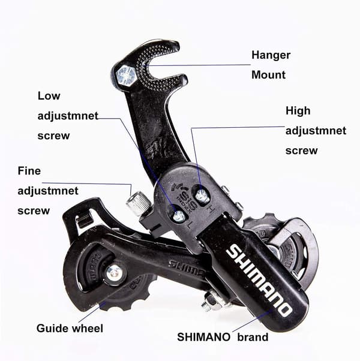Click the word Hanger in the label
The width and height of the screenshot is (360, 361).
(x=271, y=55)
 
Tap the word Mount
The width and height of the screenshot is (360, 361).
(x=268, y=75)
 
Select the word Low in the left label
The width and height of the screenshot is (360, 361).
(x=49, y=96)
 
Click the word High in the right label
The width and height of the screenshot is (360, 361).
(x=298, y=111)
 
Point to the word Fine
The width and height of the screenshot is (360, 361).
(x=29, y=171)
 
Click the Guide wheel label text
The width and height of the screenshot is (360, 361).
(x=70, y=328)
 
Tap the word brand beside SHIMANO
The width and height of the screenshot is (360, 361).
(x=253, y=337)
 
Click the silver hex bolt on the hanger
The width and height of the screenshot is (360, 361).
(x=126, y=76)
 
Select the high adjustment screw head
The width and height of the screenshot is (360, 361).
(x=202, y=196)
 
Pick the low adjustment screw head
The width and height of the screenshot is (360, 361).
(x=179, y=216)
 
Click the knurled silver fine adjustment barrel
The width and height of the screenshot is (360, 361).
(x=138, y=202)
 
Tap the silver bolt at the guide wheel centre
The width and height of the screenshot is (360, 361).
(x=114, y=273)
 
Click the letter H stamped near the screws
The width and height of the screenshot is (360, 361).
(x=210, y=210)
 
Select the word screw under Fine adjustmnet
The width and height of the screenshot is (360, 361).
(x=34, y=210)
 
